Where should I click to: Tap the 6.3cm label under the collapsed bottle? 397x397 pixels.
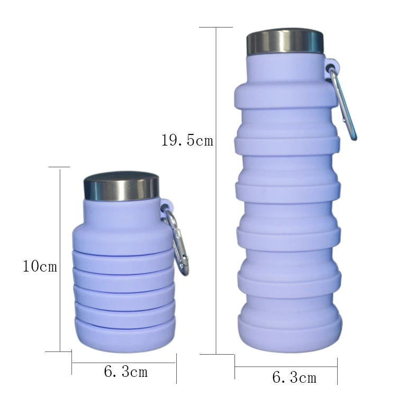(125, 372)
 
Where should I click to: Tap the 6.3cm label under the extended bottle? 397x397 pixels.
(294, 377)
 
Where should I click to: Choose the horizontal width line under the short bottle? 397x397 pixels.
(124, 363)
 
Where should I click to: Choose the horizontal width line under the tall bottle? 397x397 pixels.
(286, 366)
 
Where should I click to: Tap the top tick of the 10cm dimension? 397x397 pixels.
(59, 167)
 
